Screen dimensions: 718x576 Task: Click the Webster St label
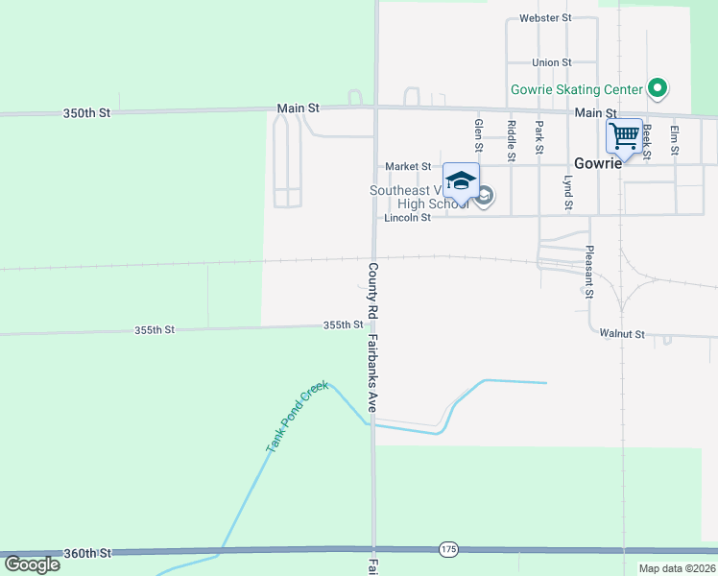[544, 17]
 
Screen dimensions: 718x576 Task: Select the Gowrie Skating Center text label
[576, 89]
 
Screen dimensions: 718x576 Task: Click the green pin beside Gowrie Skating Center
[658, 89]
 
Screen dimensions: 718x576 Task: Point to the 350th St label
[87, 112]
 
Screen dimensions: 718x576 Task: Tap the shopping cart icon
[624, 135]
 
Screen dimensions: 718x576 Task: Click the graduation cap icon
[461, 180]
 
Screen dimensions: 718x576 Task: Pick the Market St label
[408, 166]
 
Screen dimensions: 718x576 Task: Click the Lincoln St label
[407, 218]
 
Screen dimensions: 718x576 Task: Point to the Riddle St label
[512, 140]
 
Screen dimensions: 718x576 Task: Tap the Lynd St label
[567, 192]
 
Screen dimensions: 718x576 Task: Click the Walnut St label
[621, 334]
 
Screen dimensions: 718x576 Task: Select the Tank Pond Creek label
[297, 416]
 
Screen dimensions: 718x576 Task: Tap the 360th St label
[87, 554]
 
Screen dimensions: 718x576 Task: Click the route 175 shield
[448, 549]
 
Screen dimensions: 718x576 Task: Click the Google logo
[32, 564]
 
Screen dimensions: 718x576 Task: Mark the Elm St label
[675, 140]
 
